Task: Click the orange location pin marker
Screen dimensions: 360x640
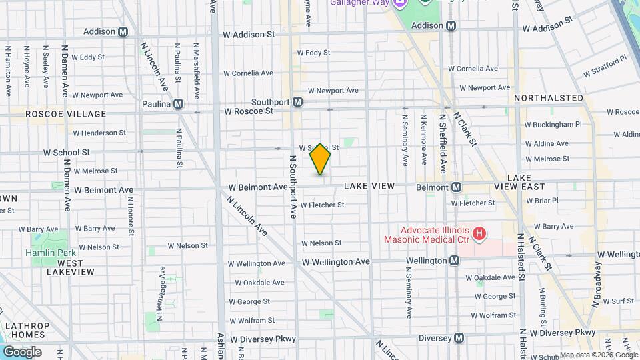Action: (x=321, y=159)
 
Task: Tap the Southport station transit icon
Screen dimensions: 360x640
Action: (x=298, y=102)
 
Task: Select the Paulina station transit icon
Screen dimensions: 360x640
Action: (x=178, y=104)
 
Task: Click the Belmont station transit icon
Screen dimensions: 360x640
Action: (x=457, y=187)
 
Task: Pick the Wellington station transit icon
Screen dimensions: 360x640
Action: (x=454, y=261)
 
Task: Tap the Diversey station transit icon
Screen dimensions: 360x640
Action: (x=459, y=338)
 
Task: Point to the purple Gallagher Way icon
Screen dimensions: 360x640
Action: (x=400, y=4)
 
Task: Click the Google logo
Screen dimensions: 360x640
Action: (x=21, y=351)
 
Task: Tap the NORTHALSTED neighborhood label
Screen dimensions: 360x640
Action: (x=549, y=98)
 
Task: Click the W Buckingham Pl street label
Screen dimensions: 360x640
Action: (x=553, y=124)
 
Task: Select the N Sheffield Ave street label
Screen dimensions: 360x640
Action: (x=442, y=143)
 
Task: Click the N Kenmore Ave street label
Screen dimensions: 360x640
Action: (x=423, y=139)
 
